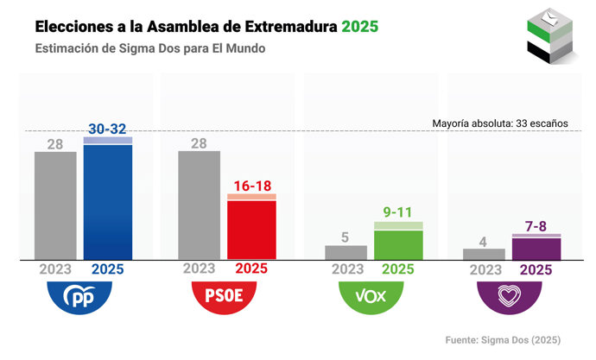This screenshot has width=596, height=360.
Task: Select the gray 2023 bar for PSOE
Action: pyautogui.click(x=199, y=205)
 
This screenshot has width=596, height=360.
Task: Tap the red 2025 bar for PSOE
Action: pyautogui.click(x=251, y=229)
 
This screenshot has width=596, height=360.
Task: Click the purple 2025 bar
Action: pyautogui.click(x=536, y=248)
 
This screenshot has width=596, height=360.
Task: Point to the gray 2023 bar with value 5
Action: pyautogui.click(x=346, y=252)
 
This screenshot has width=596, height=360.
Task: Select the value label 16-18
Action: pyautogui.click(x=251, y=185)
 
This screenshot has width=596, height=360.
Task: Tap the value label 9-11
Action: pyautogui.click(x=398, y=212)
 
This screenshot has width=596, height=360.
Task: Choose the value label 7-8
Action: pyautogui.click(x=536, y=225)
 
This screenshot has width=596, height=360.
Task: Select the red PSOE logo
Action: pyautogui.click(x=225, y=297)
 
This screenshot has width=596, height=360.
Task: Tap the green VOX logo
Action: pyautogui.click(x=371, y=297)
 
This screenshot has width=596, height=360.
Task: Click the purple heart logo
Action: pyautogui.click(x=510, y=297)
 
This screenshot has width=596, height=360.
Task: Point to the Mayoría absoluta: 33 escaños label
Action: pyautogui.click(x=500, y=123)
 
